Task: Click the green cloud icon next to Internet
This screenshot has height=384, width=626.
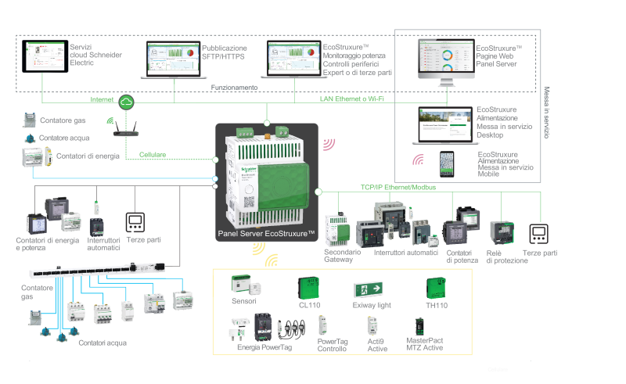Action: [x=126, y=102]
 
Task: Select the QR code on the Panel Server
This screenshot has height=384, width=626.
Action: [x=249, y=203]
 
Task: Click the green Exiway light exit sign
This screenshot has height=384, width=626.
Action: [x=368, y=289]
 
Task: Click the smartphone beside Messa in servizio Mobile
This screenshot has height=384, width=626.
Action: [x=447, y=164]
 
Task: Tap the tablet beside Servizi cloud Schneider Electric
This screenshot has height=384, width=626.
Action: [x=45, y=56]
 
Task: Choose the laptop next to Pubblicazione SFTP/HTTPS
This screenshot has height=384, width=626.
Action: [x=174, y=60]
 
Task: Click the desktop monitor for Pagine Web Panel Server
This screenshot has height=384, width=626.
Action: [x=446, y=62]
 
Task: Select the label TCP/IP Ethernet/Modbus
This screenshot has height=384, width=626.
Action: [x=398, y=187]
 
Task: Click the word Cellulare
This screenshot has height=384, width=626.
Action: [x=153, y=155]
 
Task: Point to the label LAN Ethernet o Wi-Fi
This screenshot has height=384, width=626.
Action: [x=351, y=99]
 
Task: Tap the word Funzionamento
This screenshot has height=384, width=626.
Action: [x=234, y=88]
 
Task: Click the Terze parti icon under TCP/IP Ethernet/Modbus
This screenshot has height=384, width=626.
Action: [x=539, y=234]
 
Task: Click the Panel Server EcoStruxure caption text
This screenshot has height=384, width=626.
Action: [x=266, y=234]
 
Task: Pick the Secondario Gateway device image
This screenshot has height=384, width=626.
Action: [x=337, y=229]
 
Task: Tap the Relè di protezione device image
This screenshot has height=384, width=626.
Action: [x=502, y=233]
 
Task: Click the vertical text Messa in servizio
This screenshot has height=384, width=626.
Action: [x=546, y=113]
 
